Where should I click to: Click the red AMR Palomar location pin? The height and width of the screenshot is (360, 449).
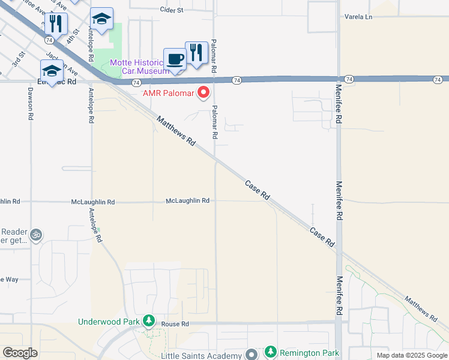click(203, 92)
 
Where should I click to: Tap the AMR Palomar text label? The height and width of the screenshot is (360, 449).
click(168, 93)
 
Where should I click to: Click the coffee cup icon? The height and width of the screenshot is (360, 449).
click(175, 59)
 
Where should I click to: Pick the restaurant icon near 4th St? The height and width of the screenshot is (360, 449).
click(55, 23)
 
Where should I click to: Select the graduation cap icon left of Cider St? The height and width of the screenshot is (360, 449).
click(101, 19)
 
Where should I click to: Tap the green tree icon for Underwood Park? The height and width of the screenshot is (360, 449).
click(148, 322)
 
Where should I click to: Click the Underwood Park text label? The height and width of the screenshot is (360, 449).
click(109, 322)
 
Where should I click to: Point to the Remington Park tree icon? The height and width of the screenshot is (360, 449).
click(271, 352)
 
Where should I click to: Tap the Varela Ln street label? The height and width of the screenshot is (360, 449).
click(358, 17)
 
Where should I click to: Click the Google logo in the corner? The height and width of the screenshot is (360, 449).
click(20, 353)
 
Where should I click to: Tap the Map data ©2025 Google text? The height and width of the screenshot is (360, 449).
click(411, 355)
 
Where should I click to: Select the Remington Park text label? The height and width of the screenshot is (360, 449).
click(309, 352)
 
